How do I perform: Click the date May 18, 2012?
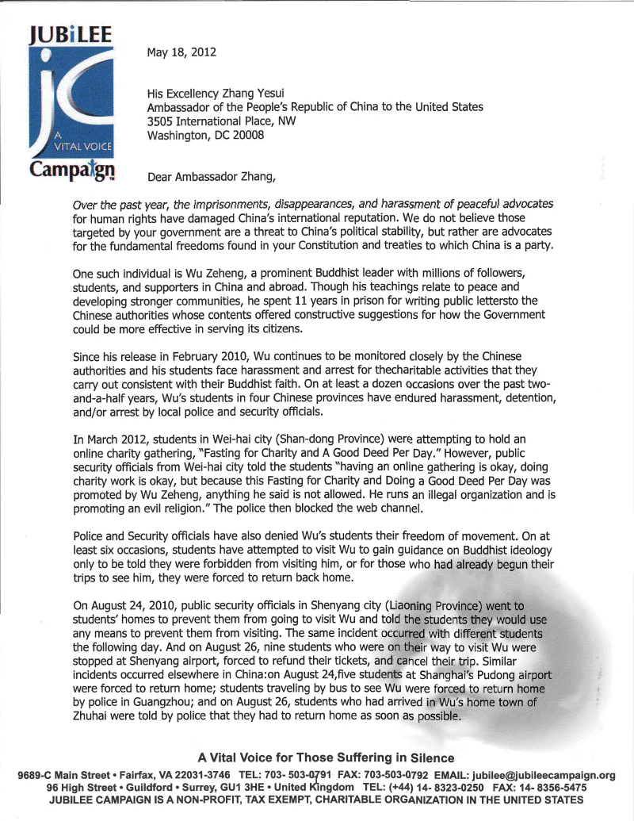coord(181,54)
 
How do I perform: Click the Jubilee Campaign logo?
coord(72,101)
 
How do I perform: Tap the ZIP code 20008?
coord(246,135)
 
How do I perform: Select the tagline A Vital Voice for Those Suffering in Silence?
coord(326,758)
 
